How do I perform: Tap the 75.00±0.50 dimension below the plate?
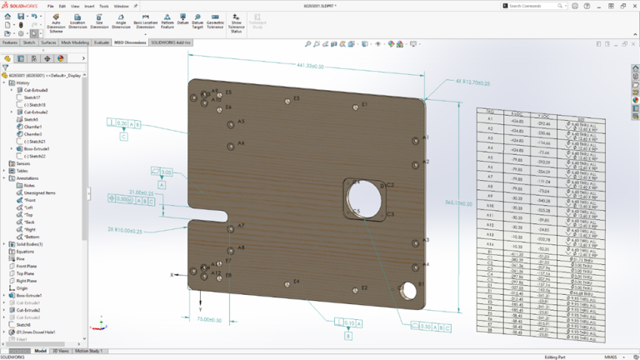[x=208, y=318]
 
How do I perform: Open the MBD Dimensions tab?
[x=130, y=42]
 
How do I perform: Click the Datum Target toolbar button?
[x=197, y=22]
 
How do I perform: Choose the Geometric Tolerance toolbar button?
[x=215, y=22]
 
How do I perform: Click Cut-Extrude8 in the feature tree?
[x=36, y=90]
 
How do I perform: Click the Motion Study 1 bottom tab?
[x=90, y=351]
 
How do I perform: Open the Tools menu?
[x=103, y=6]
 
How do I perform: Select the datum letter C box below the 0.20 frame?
[x=123, y=137]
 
